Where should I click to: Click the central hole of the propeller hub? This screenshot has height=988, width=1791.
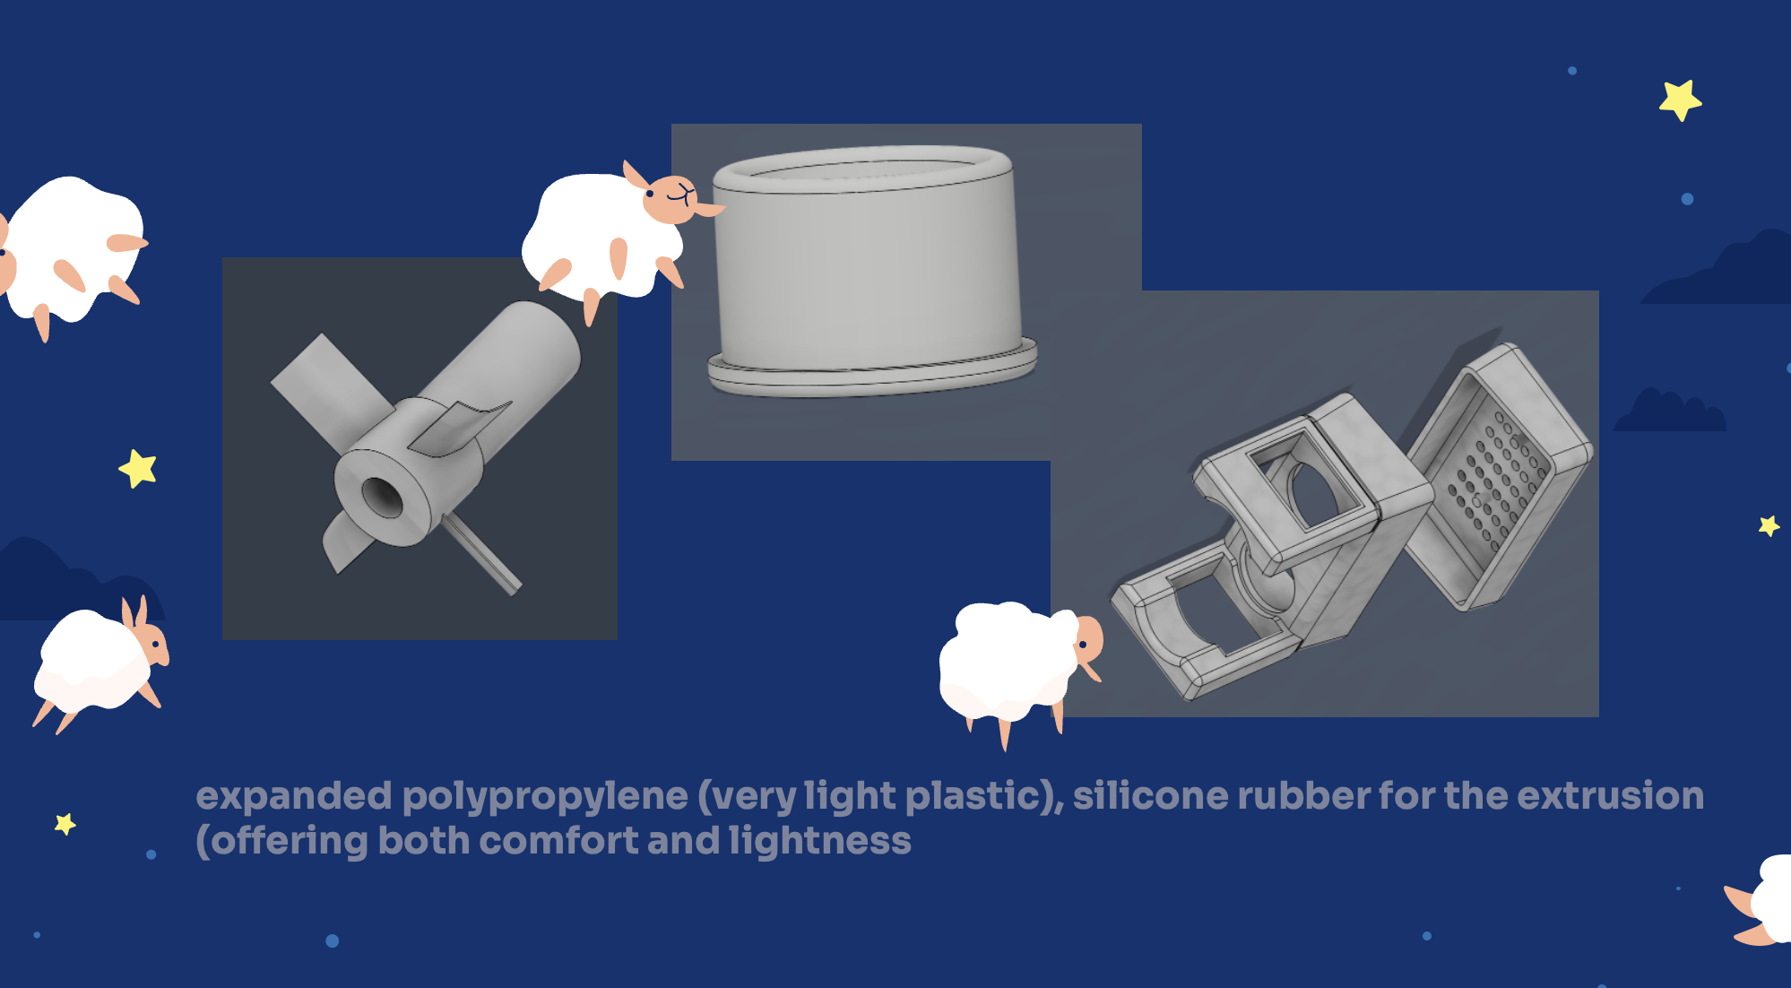pos(383,497)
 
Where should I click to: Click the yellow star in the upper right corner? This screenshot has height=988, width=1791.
pos(1680,100)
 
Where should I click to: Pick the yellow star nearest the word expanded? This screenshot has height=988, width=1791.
pos(65,823)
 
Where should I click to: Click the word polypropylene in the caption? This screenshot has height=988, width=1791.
pos(544,796)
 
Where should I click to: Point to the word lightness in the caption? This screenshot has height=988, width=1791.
pos(819,840)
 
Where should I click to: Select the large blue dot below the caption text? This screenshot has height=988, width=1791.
pos(332,940)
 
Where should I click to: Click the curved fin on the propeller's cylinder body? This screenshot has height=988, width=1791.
pos(459,425)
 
